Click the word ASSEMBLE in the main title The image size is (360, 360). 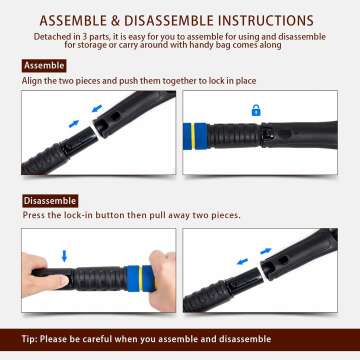tap(70, 20)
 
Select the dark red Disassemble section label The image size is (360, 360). tap(50, 201)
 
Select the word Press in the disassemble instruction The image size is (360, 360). tap(34, 215)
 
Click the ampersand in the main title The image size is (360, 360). tap(115, 20)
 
